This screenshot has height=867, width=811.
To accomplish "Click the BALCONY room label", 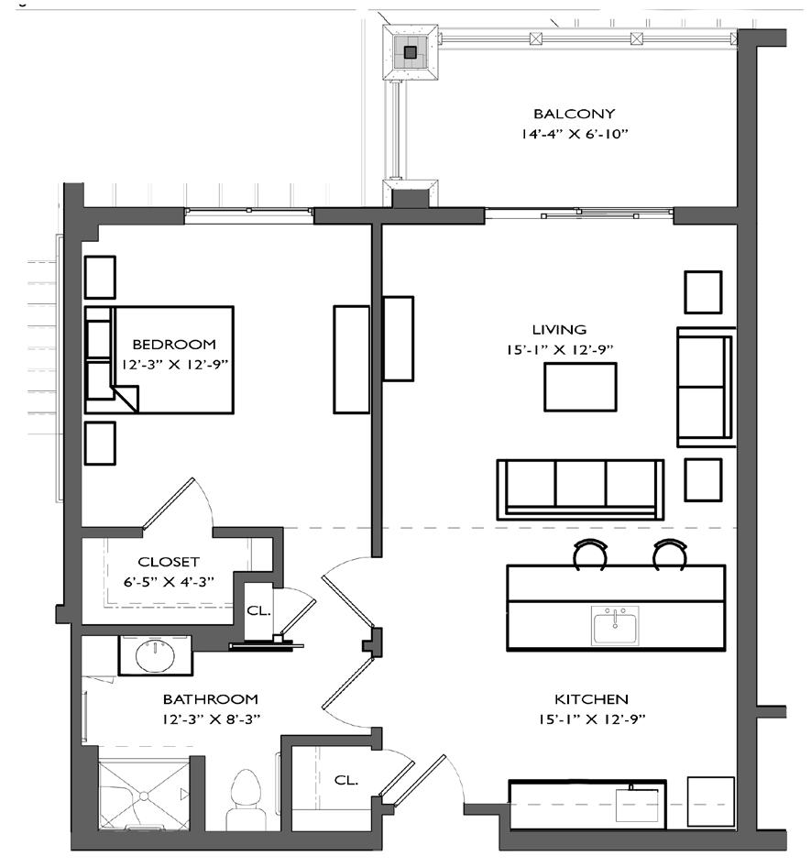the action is point(574,114).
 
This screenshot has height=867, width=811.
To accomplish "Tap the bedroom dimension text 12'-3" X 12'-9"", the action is point(175,365).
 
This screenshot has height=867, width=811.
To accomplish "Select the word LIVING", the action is point(559,330).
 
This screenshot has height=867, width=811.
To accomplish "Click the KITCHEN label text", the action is point(591,699).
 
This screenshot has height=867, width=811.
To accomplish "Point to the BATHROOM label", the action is point(210,699).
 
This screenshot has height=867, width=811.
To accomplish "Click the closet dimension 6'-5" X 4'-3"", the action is point(168,582).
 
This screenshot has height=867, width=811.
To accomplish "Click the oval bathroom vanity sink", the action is point(156,655).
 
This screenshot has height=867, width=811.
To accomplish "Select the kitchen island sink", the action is point(615,625).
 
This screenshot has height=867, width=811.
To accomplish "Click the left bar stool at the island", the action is point(590,554).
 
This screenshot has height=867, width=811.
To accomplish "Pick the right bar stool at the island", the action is point(670,554).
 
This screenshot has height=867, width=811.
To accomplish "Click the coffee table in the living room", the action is point(580,387).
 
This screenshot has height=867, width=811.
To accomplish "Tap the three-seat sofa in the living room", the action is point(580,489).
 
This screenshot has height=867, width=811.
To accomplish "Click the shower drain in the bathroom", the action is point(144,796).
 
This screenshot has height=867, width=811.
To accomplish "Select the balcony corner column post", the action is point(411,52).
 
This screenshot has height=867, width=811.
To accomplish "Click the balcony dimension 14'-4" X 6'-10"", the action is point(575,135).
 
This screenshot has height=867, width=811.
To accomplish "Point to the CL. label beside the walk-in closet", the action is point(258,611).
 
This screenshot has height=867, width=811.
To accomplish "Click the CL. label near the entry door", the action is point(346,780).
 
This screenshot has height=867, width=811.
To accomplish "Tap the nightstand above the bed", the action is point(100,277).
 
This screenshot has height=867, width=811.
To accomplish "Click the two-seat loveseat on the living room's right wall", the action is point(706,387).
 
